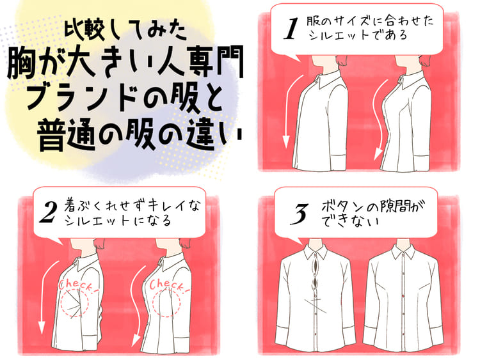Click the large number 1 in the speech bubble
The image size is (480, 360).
291,28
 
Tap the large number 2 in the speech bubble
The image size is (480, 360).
49,212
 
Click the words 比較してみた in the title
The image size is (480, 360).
125,31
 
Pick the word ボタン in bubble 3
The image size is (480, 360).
342,207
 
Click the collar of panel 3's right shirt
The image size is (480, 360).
403,251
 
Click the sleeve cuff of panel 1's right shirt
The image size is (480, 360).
422,162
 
